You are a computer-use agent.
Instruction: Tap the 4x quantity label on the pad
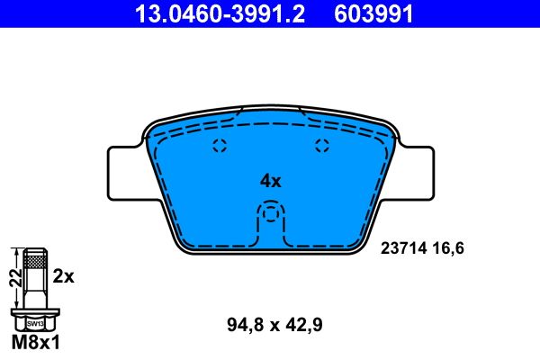click(270, 181)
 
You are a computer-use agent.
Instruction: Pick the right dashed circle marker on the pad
click(322, 148)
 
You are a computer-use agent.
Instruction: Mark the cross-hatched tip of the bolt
click(34, 260)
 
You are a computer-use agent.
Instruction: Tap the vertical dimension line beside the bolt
click(22, 280)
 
